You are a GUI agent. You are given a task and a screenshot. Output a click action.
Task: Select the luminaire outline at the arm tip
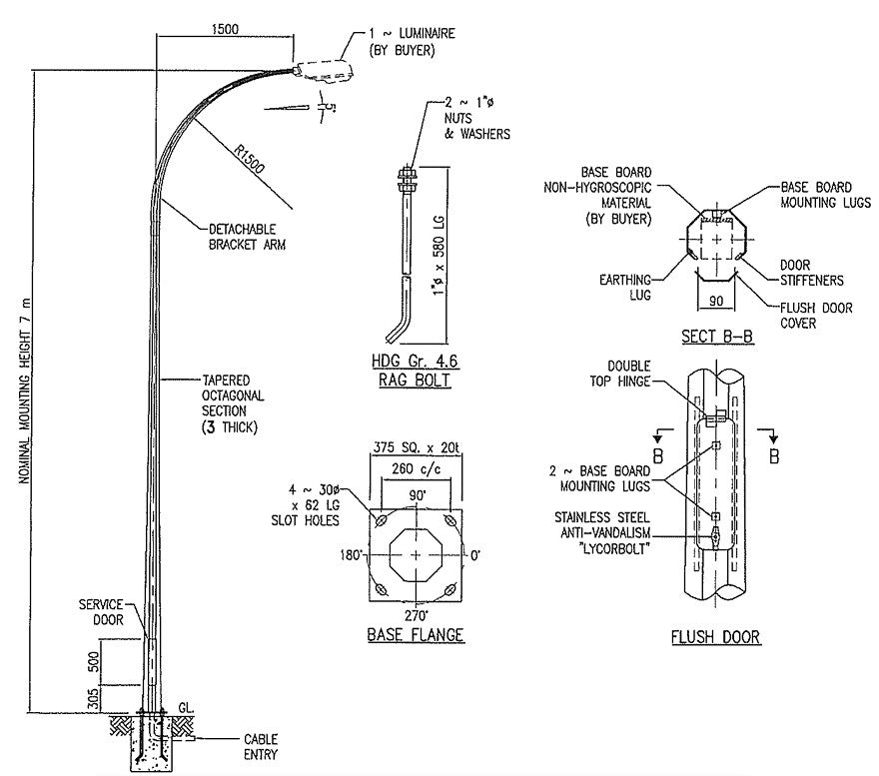pyautogui.click(x=324, y=70)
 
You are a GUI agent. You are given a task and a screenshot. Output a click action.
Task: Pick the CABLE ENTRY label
pyautogui.click(x=261, y=747)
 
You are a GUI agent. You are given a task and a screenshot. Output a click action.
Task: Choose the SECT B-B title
pyautogui.click(x=716, y=337)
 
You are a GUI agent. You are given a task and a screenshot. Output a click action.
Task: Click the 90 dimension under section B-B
pyautogui.click(x=715, y=300)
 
